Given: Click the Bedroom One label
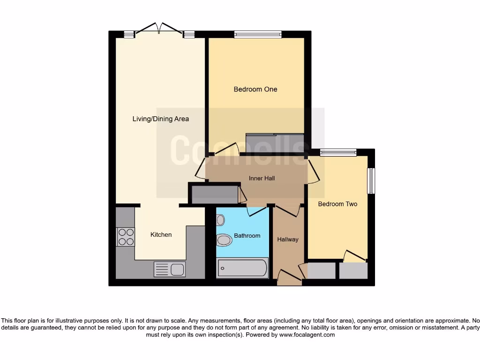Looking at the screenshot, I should [x=255, y=89].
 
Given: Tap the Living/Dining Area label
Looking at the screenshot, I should [x=160, y=119].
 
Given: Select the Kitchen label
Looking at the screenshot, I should [x=161, y=234].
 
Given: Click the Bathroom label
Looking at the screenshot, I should [x=247, y=235].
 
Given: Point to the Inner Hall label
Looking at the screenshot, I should [x=262, y=178].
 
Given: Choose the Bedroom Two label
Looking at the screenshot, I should [x=337, y=204].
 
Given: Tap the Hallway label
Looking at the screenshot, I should [x=287, y=239].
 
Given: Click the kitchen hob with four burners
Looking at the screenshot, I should [x=126, y=237].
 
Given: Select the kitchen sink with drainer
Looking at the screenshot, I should [x=170, y=270].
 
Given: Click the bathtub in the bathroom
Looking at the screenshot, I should [x=243, y=269].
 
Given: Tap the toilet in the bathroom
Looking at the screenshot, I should [x=225, y=240].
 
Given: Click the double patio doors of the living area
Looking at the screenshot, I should [x=159, y=29].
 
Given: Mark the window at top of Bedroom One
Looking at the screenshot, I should [x=258, y=34].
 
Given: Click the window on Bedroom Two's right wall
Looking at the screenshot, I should [x=371, y=180].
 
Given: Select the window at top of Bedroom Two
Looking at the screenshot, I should [x=338, y=152].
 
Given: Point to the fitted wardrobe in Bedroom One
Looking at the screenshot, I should [x=275, y=141].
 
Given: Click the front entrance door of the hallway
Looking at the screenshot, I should [x=289, y=277].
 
